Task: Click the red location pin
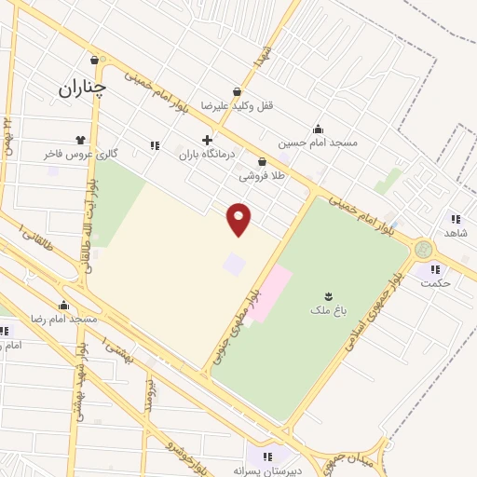240,218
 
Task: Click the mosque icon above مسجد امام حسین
318,129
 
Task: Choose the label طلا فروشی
262,175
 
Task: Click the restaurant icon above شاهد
455,217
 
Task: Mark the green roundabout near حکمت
424,250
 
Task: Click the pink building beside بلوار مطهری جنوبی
269,293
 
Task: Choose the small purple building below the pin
234,265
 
